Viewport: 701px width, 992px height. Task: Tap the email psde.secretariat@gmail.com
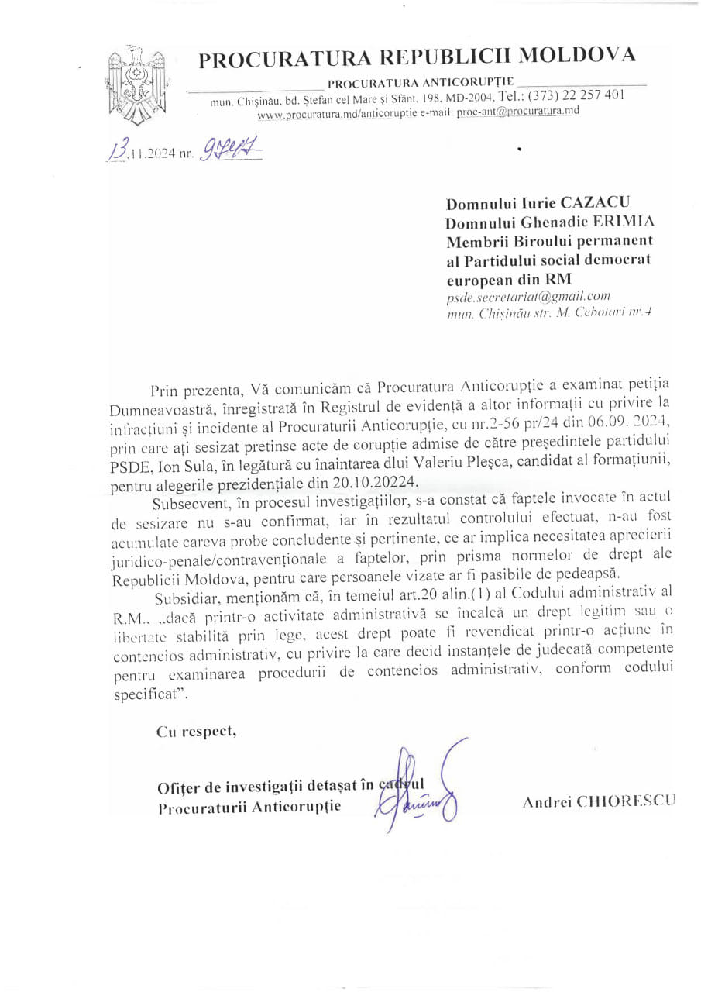click(528, 296)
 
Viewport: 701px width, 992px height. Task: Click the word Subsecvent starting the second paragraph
click(187, 505)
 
